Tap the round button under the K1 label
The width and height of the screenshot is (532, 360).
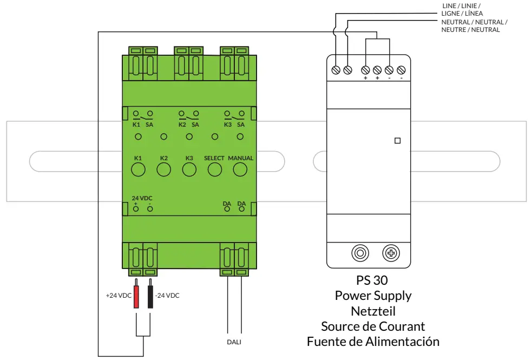[138, 170]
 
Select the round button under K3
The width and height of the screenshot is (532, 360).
[189, 170]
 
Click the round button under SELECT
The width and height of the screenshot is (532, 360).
[214, 170]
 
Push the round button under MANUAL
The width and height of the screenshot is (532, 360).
[240, 170]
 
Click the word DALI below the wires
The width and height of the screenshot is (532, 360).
[234, 342]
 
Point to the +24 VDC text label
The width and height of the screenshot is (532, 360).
[118, 296]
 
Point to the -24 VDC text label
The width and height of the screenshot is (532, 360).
[167, 296]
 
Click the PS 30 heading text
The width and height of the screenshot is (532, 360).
[372, 281]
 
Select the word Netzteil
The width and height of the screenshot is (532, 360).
[372, 311]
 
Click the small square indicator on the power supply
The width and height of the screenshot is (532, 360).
[398, 141]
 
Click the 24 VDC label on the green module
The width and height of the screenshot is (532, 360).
[142, 198]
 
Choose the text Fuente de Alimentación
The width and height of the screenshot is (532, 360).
[372, 342]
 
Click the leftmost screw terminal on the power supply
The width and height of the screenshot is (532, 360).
[336, 70]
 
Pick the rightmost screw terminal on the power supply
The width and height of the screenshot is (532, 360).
[401, 70]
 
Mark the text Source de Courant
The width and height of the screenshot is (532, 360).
[372, 326]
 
